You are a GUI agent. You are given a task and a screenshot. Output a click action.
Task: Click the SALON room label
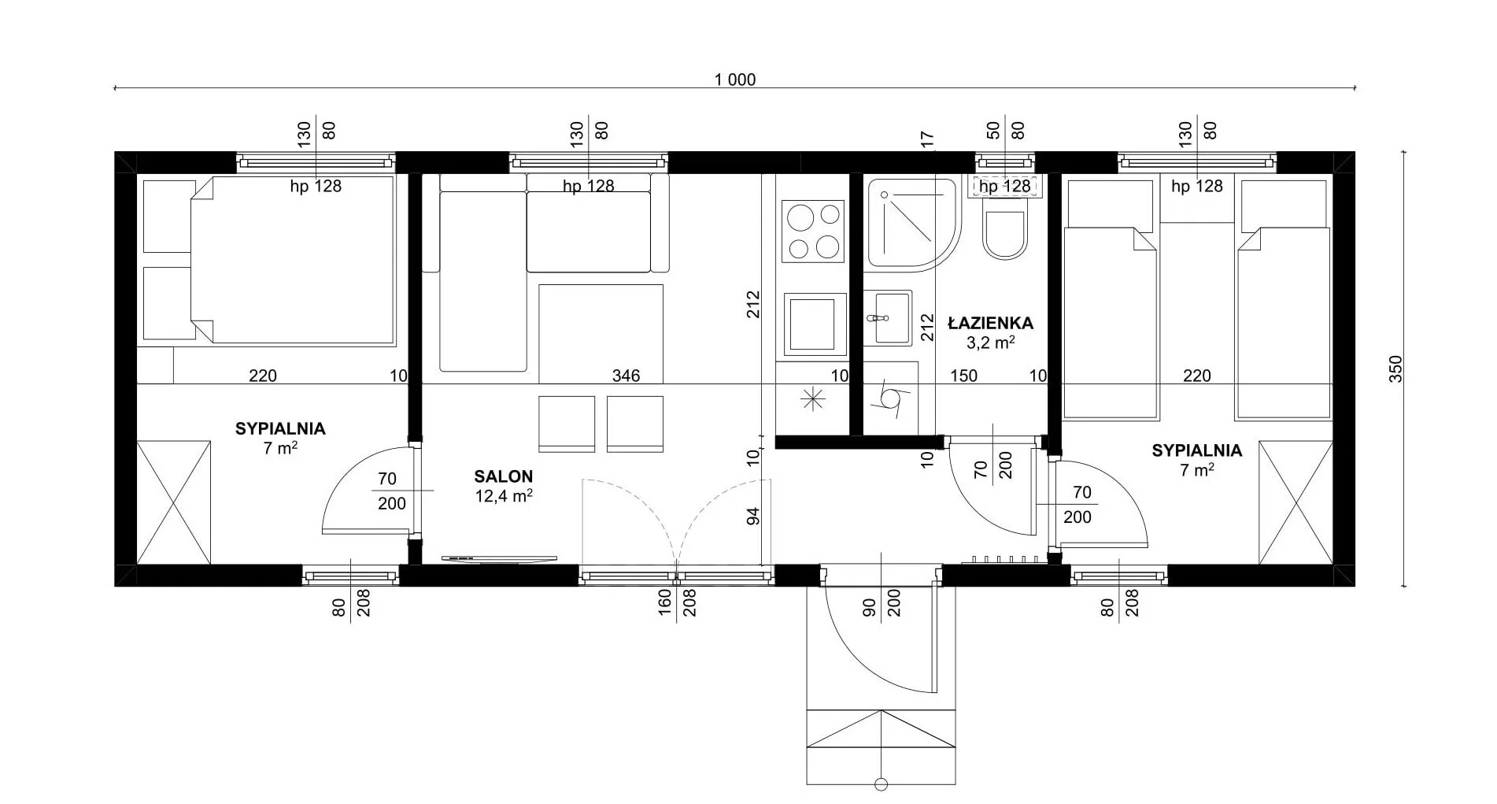(503, 476)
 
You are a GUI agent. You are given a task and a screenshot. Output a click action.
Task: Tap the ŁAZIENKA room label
(990, 323)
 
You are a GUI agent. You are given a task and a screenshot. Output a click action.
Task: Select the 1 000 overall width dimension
(734, 80)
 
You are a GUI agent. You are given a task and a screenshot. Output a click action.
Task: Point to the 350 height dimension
(1395, 369)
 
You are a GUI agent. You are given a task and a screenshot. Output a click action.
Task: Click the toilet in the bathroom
(1005, 228)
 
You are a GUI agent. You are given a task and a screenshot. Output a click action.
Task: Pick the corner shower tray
(913, 224)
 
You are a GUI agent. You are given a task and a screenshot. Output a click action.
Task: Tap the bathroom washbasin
(889, 318)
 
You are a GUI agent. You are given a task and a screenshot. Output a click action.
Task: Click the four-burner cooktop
(813, 231)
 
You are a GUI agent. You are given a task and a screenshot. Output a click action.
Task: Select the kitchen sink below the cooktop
(812, 324)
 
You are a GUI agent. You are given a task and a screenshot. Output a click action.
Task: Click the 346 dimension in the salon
(626, 376)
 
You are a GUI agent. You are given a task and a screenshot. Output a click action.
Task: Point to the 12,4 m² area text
(504, 496)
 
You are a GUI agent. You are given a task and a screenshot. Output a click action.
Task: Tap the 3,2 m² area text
(990, 343)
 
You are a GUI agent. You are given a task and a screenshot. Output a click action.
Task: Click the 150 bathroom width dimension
(963, 376)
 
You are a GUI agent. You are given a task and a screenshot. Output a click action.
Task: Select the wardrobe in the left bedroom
(174, 502)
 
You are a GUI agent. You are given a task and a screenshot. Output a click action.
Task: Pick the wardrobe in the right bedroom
(1296, 502)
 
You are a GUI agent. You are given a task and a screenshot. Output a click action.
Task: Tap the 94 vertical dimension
(753, 517)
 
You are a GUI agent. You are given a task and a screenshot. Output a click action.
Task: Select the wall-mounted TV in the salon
(499, 558)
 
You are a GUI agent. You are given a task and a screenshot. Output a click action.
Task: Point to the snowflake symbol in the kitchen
(813, 399)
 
